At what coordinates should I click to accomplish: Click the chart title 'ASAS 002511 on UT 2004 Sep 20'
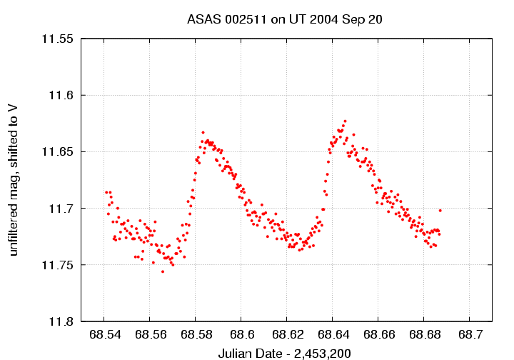pos(285,19)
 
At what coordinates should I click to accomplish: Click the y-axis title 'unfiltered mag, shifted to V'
pos(14,179)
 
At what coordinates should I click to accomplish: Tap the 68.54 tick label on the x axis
pos(104,334)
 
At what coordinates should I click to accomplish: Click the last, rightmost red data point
pos(440,210)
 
